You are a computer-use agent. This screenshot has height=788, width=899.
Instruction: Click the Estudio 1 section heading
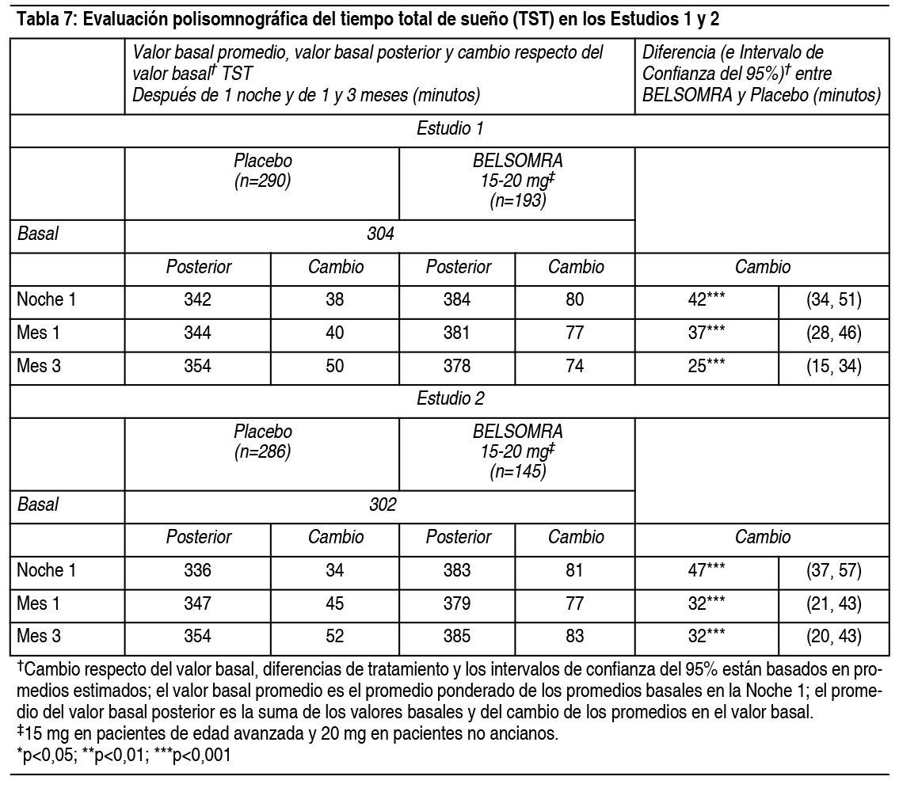coord(449,130)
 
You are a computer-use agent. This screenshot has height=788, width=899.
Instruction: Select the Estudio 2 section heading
coord(449,399)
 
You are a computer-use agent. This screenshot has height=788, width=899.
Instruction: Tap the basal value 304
coord(381,234)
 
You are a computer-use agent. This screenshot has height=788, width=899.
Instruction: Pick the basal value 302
coord(381,504)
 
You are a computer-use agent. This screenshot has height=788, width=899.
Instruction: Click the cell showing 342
coord(198,300)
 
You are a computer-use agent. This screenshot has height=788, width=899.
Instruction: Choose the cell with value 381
coord(457,333)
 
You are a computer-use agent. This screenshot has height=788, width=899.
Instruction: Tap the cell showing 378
coord(457,367)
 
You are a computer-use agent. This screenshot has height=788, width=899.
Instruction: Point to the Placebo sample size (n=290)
coord(262,181)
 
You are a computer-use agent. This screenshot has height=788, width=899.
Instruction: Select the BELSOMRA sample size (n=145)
coord(518,471)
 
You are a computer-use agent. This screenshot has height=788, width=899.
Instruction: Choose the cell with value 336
coord(198,570)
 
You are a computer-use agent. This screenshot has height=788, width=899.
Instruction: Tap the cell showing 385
coord(457,636)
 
